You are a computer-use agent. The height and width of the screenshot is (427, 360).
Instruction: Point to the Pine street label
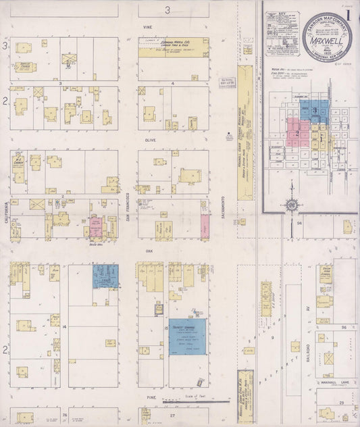coord(142,399)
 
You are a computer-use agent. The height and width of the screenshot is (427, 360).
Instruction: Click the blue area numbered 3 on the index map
coord(316,111)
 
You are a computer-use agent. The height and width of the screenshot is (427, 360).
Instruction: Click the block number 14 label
coord(64,326)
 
